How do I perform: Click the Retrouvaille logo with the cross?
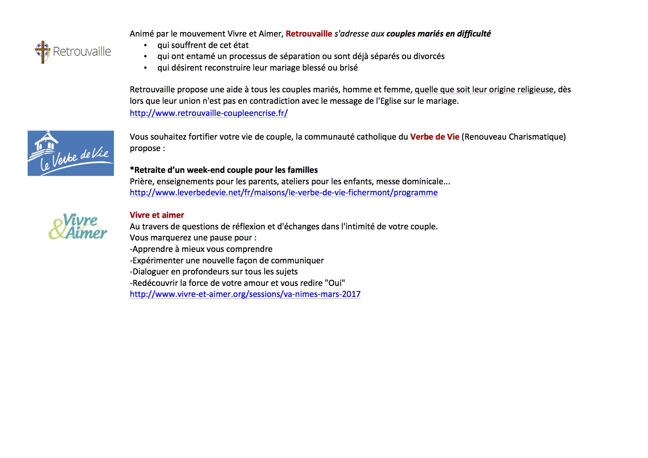73,52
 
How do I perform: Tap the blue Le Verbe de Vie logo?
71,153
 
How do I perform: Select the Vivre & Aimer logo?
78,226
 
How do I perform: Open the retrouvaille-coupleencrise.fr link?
208,113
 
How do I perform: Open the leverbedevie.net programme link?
284,192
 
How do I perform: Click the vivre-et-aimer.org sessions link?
245,294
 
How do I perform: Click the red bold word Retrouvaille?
309,34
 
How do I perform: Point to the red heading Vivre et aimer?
157,215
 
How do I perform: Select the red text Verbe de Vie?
434,137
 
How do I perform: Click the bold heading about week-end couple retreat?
224,170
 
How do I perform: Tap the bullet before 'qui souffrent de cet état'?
146,45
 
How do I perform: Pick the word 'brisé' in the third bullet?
349,68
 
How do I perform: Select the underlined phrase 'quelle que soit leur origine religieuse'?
484,89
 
